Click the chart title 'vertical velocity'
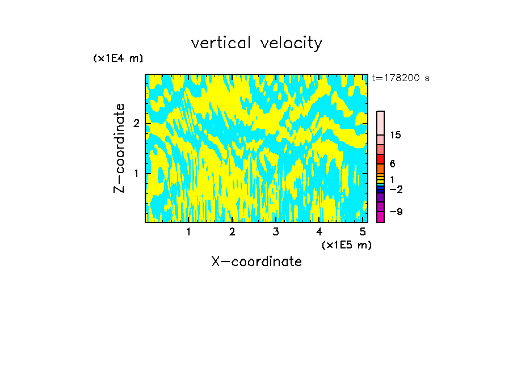256,43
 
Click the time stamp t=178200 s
401,78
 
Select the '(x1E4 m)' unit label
118,58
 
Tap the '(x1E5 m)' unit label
346,244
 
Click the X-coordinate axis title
256,262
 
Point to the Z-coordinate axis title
119,148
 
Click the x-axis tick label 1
188,232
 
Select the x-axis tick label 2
232,232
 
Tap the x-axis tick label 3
276,232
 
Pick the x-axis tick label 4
319,232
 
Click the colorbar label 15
396,135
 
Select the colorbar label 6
392,163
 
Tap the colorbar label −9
396,212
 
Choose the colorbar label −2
396,189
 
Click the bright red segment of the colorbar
381,159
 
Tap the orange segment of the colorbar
381,168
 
